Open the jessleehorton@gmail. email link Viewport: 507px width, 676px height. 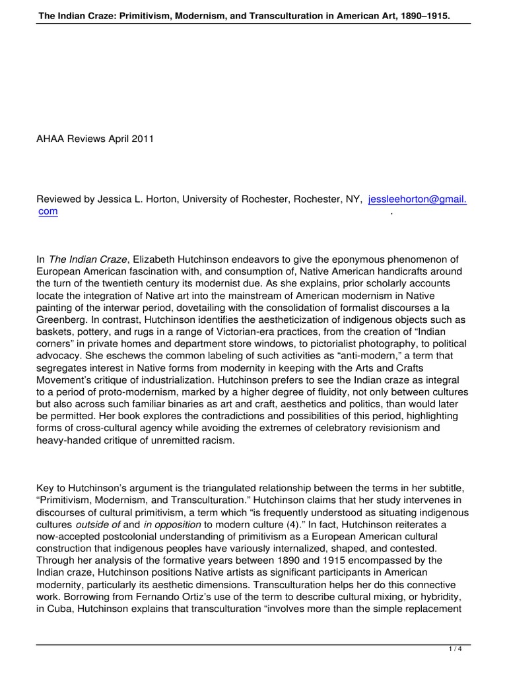(417, 182)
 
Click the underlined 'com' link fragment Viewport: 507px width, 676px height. (48, 193)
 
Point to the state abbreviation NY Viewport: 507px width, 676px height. (353, 182)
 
